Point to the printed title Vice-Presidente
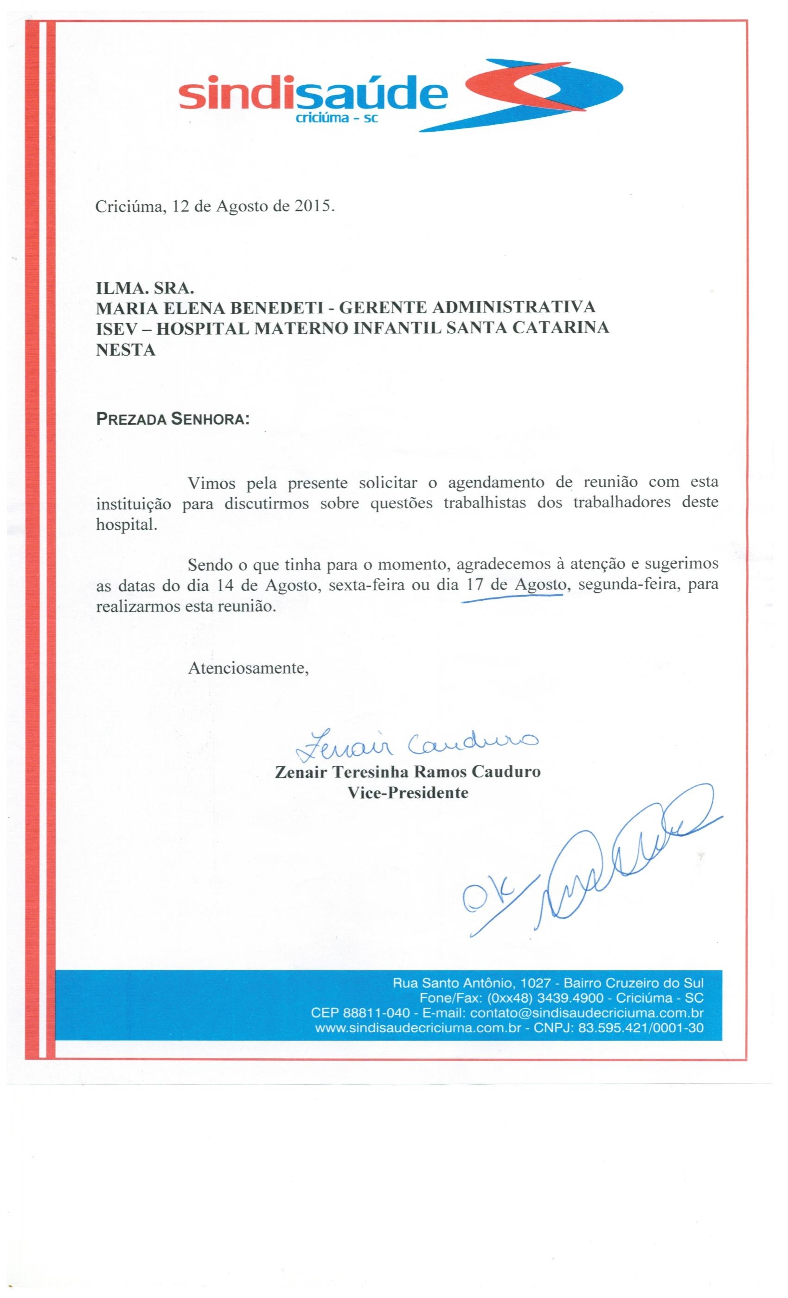tap(407, 793)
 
